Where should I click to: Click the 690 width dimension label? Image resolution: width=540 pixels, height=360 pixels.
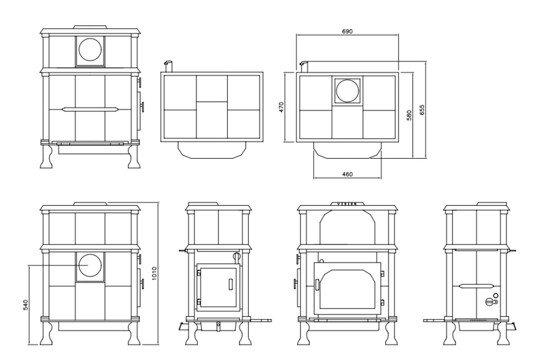tap(347, 31)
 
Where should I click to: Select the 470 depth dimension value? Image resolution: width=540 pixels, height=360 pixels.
tap(281, 107)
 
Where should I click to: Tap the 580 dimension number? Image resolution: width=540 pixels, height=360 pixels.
tap(409, 115)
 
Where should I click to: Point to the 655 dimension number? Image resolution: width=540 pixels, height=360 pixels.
tap(422, 110)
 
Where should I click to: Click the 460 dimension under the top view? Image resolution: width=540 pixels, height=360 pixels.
tap(347, 174)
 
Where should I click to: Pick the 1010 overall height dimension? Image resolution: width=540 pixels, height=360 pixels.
tap(154, 273)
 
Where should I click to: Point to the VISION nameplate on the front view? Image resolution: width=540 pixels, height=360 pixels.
tap(347, 204)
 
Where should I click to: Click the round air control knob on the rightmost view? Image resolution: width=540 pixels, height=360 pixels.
tap(490, 301)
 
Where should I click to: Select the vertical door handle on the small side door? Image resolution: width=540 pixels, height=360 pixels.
tap(230, 284)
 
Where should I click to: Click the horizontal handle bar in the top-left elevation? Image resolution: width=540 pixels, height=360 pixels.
tap(90, 109)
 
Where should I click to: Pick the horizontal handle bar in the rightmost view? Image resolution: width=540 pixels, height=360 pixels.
tap(477, 286)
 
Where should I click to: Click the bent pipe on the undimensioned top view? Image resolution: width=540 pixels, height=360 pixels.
tap(167, 65)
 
